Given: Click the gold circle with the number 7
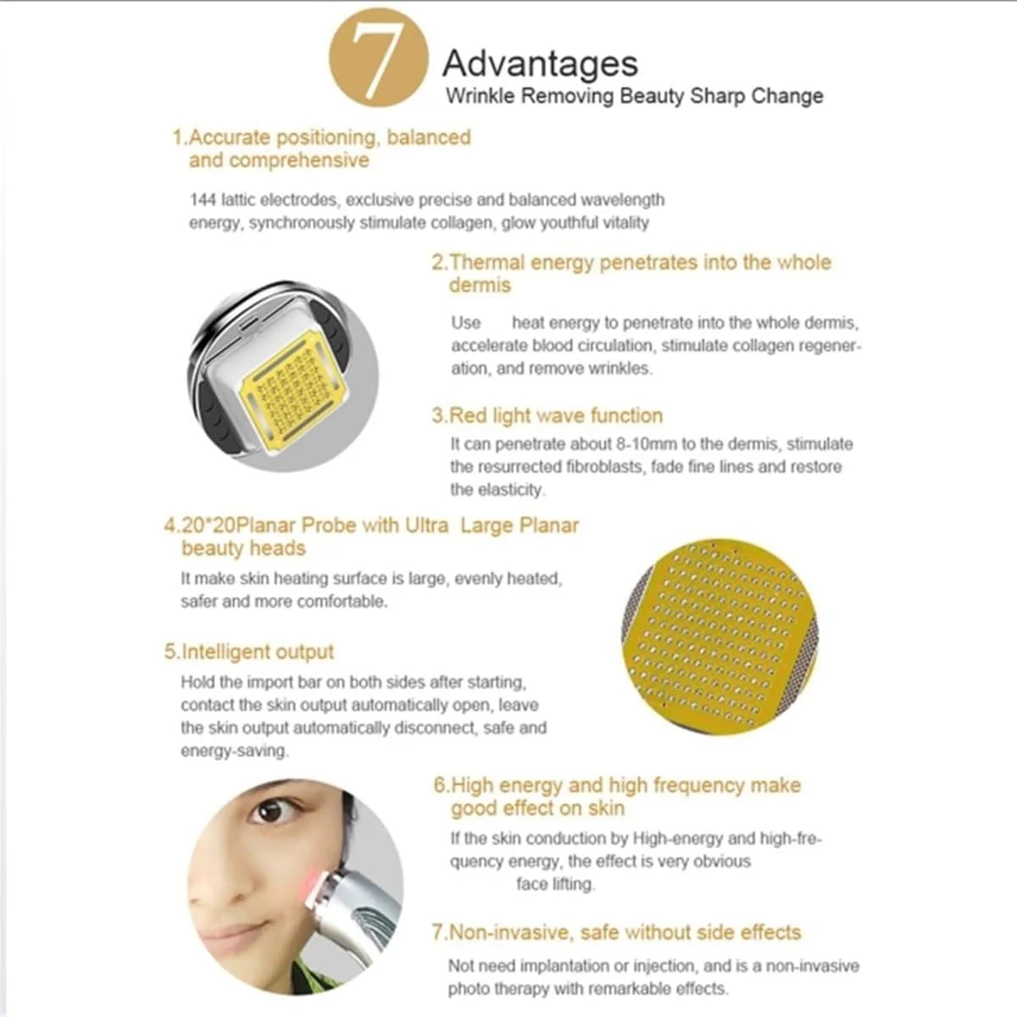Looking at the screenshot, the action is click(378, 58).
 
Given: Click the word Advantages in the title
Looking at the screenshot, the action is click(540, 64).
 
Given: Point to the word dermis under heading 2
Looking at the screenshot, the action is click(480, 285).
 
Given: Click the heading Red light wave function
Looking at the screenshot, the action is click(547, 416).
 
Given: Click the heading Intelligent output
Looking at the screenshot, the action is click(248, 652).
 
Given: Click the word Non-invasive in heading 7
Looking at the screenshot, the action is click(510, 932).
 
